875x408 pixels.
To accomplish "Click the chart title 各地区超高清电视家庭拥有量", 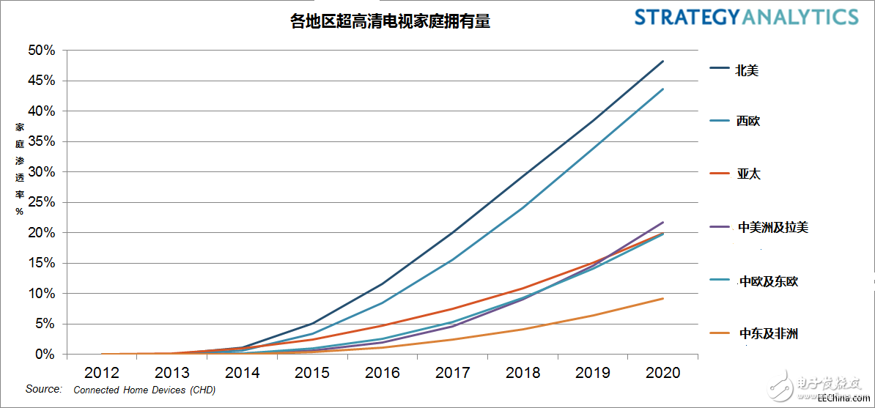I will pos(390,22).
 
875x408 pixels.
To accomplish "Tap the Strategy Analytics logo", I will pos(745,18).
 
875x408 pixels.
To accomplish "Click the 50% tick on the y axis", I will pos(41,51).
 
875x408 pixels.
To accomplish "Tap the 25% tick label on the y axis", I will pos(41,202).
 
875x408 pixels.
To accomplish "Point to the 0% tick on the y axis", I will pos(45,354).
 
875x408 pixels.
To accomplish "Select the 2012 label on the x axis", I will pos(102,373).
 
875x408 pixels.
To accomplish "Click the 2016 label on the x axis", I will pos(383,373).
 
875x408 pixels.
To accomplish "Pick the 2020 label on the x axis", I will pos(663,373).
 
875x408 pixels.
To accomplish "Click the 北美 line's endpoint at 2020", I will pos(663,62).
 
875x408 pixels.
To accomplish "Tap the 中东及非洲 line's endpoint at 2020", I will pos(663,298).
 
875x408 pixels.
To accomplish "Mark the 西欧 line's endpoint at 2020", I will pos(663,89).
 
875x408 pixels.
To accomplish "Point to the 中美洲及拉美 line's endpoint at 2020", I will pos(663,222).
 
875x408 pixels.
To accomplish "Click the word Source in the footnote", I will pos(43,389).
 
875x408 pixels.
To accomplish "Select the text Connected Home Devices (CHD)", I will pos(144,390).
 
